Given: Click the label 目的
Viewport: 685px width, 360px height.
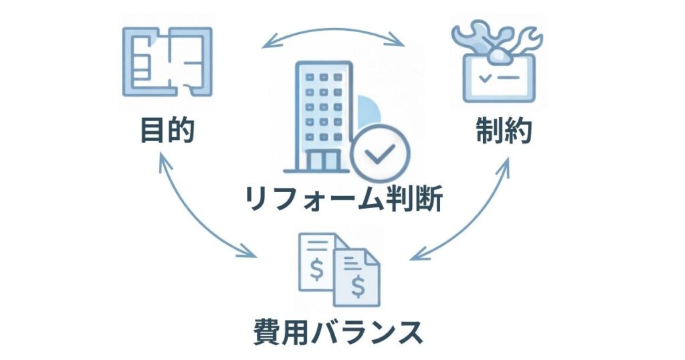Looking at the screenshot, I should [x=167, y=131].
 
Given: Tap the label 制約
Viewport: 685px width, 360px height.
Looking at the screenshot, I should [x=504, y=131].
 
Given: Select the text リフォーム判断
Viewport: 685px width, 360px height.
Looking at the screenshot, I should [x=343, y=199].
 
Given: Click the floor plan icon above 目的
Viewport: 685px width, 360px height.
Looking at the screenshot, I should [x=167, y=62].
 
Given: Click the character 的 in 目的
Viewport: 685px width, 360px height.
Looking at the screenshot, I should [x=181, y=131].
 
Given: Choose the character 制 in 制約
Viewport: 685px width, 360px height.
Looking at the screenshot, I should [x=490, y=131].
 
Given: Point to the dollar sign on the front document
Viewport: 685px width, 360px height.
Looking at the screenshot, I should [x=359, y=286].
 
